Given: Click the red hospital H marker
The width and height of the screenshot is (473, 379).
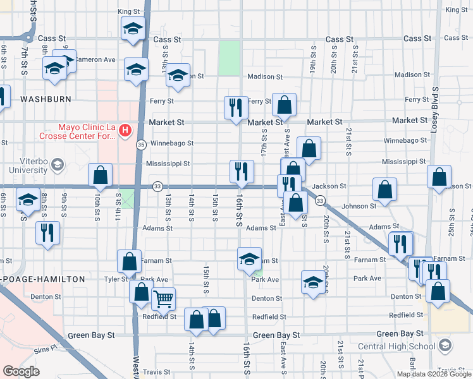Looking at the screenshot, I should pyautogui.click(x=125, y=130).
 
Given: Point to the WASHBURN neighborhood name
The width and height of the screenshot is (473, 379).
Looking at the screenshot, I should pyautogui.click(x=44, y=99).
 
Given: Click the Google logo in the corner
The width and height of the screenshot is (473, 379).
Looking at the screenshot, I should pyautogui.click(x=21, y=371).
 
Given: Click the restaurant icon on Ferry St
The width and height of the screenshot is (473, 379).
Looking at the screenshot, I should pyautogui.click(x=235, y=107).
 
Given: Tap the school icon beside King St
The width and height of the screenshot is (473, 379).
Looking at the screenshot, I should pyautogui.click(x=133, y=28).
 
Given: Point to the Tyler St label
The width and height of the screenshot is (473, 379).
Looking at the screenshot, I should pyautogui.click(x=116, y=279).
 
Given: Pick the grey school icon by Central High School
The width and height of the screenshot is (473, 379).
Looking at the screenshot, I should pyautogui.click(x=446, y=345).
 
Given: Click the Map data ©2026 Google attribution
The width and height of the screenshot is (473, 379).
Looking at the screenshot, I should pyautogui.click(x=434, y=374).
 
